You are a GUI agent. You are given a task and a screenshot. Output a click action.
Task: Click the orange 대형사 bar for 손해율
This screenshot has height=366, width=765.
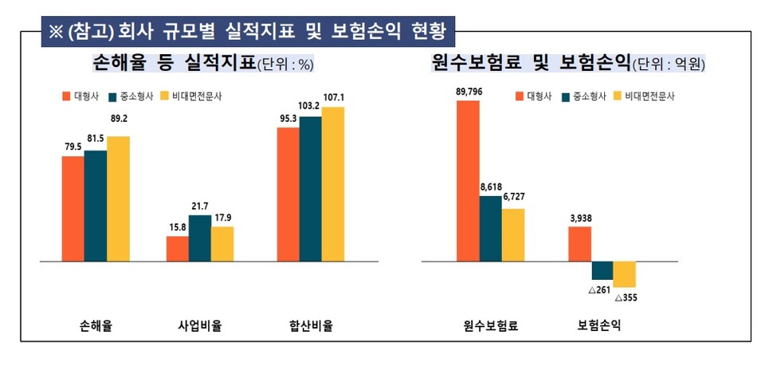(73, 209)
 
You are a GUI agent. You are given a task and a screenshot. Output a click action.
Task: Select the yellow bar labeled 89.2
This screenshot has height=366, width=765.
(118, 199)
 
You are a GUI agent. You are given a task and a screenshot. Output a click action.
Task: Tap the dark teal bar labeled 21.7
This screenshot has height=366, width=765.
(200, 238)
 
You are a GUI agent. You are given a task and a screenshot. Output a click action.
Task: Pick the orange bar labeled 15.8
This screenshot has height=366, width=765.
(177, 248)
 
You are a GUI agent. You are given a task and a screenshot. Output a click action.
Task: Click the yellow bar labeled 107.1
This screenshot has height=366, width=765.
(333, 184)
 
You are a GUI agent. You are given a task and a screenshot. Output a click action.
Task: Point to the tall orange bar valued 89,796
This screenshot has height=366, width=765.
(468, 181)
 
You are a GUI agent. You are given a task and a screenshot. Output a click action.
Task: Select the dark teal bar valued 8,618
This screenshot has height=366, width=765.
(491, 228)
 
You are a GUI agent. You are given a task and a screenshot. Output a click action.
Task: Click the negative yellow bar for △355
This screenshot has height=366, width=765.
(625, 274)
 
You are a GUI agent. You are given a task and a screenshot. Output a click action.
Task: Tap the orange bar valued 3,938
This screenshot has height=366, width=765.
(579, 243)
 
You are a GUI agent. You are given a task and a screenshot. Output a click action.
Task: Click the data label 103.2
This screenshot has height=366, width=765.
(310, 105)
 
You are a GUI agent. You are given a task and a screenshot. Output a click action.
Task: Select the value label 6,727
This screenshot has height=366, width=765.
(512, 197)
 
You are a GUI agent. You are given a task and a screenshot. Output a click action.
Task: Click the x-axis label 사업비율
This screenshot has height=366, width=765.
(199, 325)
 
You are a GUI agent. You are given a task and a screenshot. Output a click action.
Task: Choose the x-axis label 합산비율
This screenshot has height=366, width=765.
(311, 325)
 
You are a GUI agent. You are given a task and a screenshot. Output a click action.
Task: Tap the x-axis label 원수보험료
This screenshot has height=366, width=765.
(490, 325)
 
